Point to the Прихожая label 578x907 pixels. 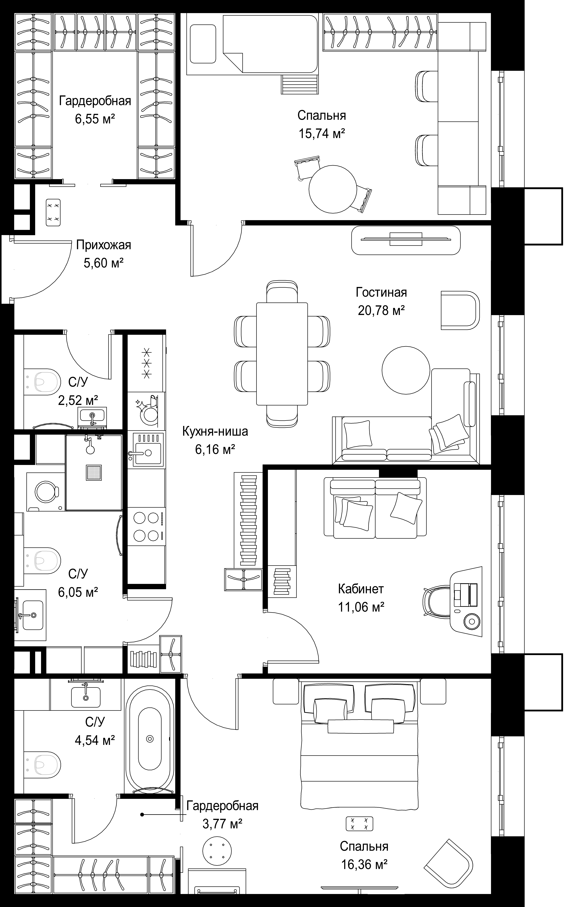104,245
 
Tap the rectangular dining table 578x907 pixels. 282,353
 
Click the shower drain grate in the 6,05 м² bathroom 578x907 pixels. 94,473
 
